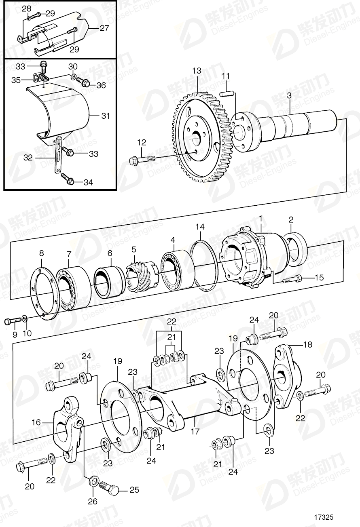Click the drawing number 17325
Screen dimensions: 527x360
click(324, 517)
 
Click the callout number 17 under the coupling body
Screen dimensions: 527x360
click(195, 432)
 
